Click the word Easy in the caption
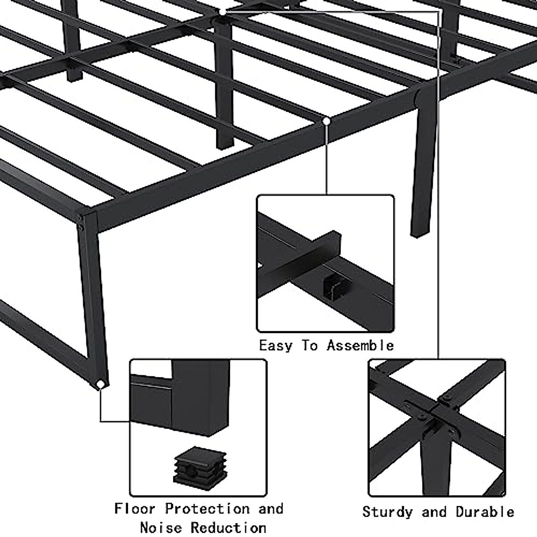click(276, 346)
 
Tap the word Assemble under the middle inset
click(360, 346)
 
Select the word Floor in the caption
click(135, 509)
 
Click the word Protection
click(207, 509)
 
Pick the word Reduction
click(228, 528)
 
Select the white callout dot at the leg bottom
click(101, 384)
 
